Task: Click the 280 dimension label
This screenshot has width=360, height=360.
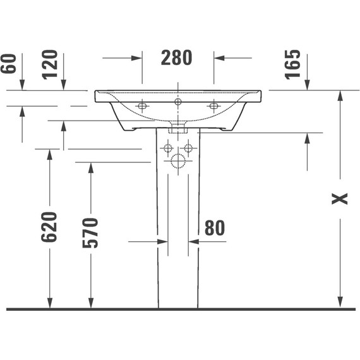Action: (176, 57)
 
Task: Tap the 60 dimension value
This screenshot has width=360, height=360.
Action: (9, 63)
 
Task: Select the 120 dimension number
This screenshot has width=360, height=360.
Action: (51, 63)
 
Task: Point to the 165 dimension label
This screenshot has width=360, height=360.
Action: (294, 63)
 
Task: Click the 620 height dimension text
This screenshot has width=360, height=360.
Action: (49, 227)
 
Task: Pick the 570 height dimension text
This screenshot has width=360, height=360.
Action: (90, 232)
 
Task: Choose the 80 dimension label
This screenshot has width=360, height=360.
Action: (215, 228)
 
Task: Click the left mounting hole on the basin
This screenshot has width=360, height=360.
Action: (142, 105)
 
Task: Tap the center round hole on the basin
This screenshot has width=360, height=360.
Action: (178, 101)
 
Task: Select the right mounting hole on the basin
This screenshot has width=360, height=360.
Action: (213, 105)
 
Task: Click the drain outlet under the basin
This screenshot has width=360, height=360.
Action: (178, 128)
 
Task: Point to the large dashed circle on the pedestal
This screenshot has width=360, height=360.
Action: (177, 162)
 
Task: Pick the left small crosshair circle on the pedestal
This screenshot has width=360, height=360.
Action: (167, 148)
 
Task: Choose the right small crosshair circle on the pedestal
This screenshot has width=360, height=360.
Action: (188, 148)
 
